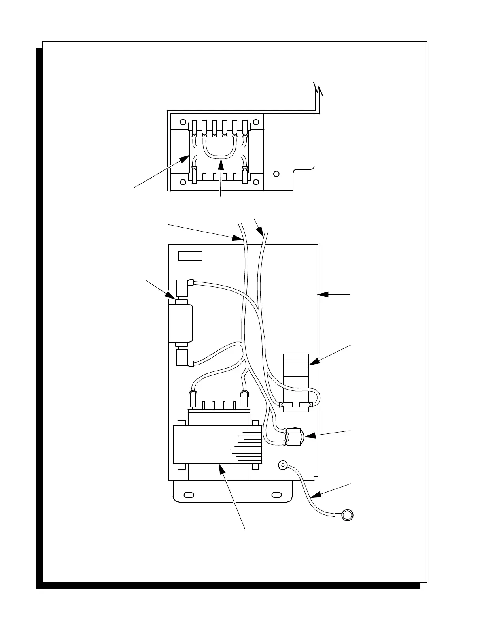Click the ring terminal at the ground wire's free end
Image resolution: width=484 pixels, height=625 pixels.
point(347,515)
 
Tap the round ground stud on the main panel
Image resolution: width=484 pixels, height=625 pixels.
point(283,465)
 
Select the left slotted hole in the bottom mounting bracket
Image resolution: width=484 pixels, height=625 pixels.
point(189,494)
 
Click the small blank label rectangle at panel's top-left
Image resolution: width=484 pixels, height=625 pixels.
point(190,256)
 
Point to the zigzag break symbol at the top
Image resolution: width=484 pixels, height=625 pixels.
point(318,90)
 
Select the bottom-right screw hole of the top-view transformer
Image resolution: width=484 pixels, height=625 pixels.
point(256,182)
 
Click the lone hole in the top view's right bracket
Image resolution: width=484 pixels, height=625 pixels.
point(276,173)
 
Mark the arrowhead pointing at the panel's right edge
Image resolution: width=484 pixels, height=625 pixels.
point(321,294)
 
